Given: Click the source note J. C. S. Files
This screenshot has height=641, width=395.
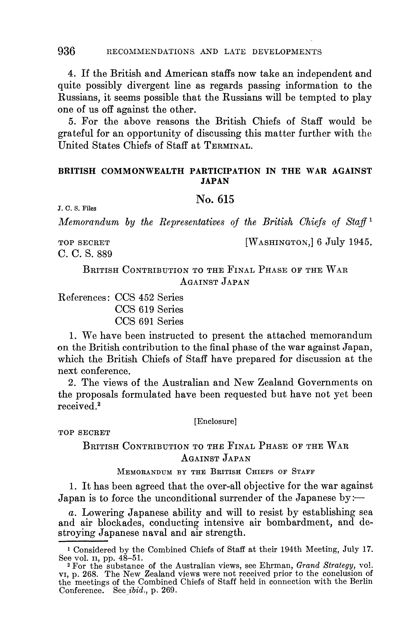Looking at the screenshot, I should [x=77, y=208].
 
